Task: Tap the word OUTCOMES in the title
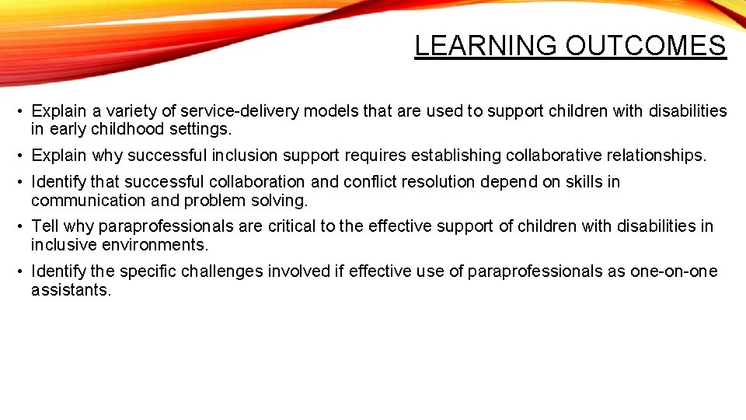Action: pyautogui.click(x=646, y=46)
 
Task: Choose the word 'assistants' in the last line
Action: pyautogui.click(x=70, y=290)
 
